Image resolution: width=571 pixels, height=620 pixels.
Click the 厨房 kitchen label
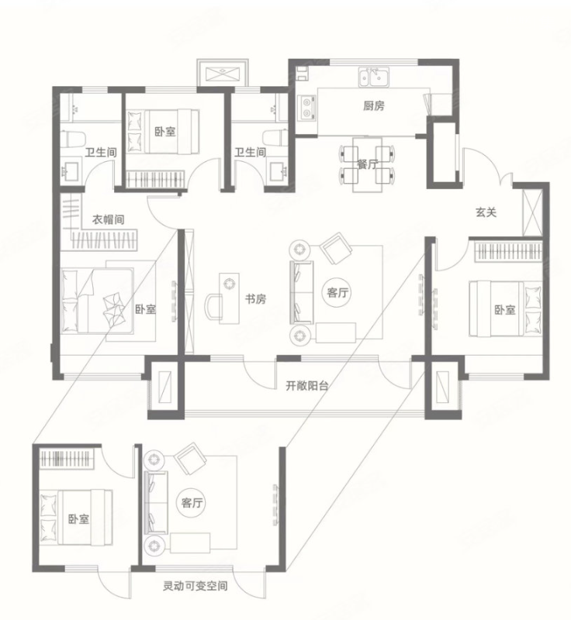(x=373, y=106)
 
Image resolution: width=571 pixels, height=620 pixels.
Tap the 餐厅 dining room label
(x=367, y=164)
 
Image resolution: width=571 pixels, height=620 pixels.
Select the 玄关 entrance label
(x=486, y=212)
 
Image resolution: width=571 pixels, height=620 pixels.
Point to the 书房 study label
(x=255, y=299)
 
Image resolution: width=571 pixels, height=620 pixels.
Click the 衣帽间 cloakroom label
(x=108, y=219)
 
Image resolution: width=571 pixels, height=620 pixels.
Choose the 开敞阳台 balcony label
(x=307, y=385)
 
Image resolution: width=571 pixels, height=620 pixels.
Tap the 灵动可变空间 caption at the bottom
(x=195, y=586)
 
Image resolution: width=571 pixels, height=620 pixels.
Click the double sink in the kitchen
(x=374, y=77)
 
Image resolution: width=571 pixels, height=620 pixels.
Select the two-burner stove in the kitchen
(x=307, y=108)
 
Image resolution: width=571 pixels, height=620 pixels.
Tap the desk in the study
(x=229, y=298)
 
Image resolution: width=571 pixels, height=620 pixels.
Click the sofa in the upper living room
(x=302, y=293)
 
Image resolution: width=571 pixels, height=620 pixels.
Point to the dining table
(x=367, y=164)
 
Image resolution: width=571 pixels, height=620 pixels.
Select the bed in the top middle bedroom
(x=163, y=132)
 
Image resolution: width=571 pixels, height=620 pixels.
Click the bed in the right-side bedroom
(x=505, y=308)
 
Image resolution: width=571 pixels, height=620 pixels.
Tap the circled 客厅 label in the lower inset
(x=192, y=503)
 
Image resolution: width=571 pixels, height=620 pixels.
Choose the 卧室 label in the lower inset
(x=78, y=518)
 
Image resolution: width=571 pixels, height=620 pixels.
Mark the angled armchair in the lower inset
(x=191, y=458)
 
